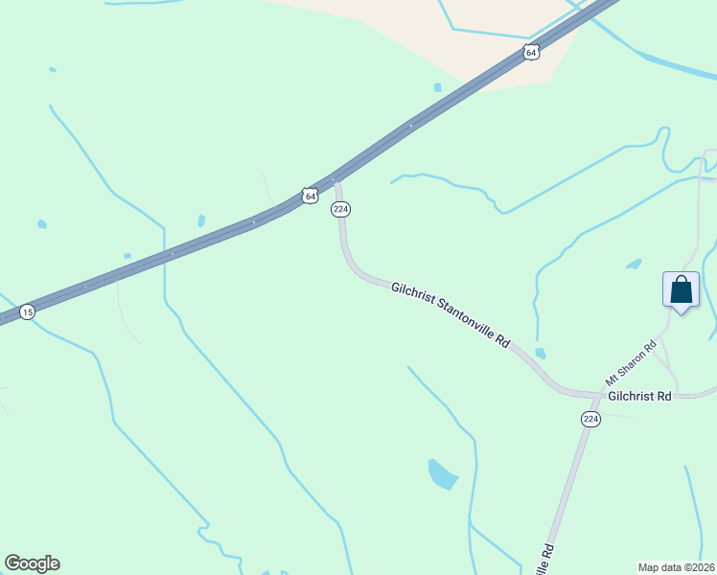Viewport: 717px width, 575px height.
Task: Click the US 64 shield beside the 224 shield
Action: pyautogui.click(x=309, y=195)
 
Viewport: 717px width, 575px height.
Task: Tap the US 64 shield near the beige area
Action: pyautogui.click(x=531, y=53)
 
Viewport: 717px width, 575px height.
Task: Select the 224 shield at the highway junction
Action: pyautogui.click(x=340, y=209)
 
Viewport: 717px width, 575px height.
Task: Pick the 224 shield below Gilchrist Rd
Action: pyautogui.click(x=590, y=420)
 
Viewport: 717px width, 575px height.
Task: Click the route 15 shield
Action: pyautogui.click(x=27, y=312)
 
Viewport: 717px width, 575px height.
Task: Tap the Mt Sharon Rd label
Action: pyautogui.click(x=631, y=361)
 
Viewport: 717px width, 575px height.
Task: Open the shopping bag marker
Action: pyautogui.click(x=681, y=289)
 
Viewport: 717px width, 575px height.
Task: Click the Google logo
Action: pyautogui.click(x=32, y=563)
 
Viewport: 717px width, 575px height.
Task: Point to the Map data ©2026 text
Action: pyautogui.click(x=677, y=567)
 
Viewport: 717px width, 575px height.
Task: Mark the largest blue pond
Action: pyautogui.click(x=442, y=472)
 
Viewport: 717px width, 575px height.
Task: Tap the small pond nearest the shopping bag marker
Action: pyautogui.click(x=634, y=264)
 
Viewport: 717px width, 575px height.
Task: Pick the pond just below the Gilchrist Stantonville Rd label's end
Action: pyautogui.click(x=541, y=354)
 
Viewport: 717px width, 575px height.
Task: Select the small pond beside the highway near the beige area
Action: pyautogui.click(x=437, y=87)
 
